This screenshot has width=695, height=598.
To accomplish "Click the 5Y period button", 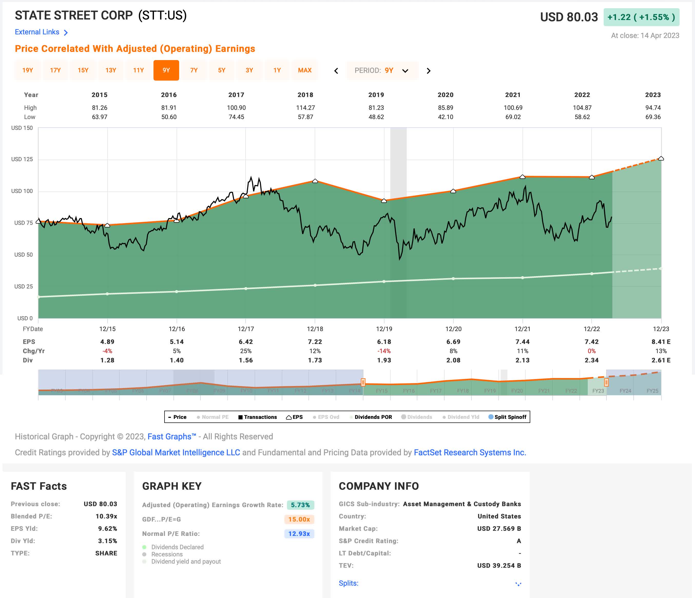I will coord(221,70).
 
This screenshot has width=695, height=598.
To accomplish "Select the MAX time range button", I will coord(305,70).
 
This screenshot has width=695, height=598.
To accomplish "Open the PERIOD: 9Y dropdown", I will coord(382,70).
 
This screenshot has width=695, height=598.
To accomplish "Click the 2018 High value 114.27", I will coord(305,108).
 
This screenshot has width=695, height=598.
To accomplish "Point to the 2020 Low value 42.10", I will coord(446,117).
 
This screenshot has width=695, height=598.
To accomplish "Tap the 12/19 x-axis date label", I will coord(384,329).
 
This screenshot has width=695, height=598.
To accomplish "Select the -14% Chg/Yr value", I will coord(384,351).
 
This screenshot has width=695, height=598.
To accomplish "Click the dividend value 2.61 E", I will coord(661,360).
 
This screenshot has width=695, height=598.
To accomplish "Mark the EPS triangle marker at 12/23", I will coord(661,158).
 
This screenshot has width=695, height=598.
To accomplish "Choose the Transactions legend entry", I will coord(258,417).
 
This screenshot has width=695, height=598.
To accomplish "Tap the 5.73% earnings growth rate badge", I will coord(300,505).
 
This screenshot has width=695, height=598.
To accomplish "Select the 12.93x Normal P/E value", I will coord(299,534).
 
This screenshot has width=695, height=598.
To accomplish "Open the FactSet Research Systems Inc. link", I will coord(470,452).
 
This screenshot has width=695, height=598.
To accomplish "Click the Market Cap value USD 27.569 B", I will coord(499,528).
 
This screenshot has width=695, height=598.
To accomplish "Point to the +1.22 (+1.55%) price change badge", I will coord(641,17).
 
